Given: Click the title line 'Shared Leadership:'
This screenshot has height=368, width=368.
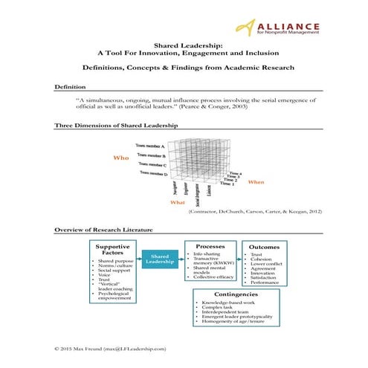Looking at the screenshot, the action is pyautogui.click(x=184, y=45).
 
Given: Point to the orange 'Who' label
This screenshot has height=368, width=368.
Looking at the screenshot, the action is pyautogui.click(x=120, y=158).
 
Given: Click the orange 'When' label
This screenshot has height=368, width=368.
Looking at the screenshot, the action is pyautogui.click(x=256, y=182).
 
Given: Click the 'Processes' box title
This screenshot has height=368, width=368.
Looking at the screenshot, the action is pyautogui.click(x=210, y=246).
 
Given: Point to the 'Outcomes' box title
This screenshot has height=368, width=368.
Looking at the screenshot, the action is pyautogui.click(x=264, y=247).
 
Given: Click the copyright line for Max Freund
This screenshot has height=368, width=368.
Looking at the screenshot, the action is pyautogui.click(x=111, y=348).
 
